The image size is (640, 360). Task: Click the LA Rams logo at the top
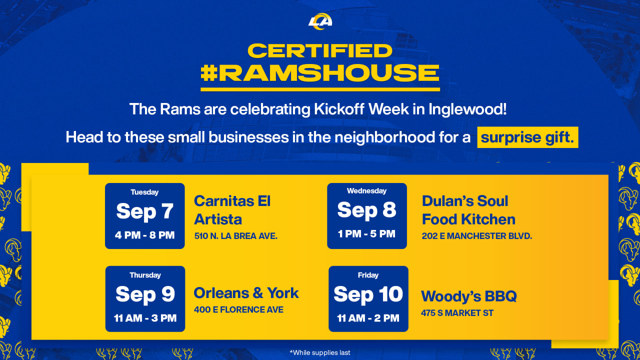320,21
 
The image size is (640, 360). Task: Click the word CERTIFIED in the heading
320,50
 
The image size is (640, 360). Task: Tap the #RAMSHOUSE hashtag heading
320,73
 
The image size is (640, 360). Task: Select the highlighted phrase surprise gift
527,137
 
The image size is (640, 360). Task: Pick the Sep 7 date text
145,211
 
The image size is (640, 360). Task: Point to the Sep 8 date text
366,210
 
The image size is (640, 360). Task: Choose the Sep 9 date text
145,294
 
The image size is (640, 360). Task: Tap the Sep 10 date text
368,294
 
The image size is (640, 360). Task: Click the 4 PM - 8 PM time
145,235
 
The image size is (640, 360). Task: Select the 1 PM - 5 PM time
366,233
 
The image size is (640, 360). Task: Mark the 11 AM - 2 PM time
368,318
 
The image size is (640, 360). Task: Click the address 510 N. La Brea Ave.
235,235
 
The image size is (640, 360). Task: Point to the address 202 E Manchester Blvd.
476,235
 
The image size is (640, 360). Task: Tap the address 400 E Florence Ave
238,310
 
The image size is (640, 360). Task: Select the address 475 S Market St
457,313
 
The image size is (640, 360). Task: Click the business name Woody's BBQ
468,296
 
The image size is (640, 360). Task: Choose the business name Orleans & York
246,293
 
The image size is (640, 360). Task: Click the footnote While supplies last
320,352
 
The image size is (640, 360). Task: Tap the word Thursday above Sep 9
145,275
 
